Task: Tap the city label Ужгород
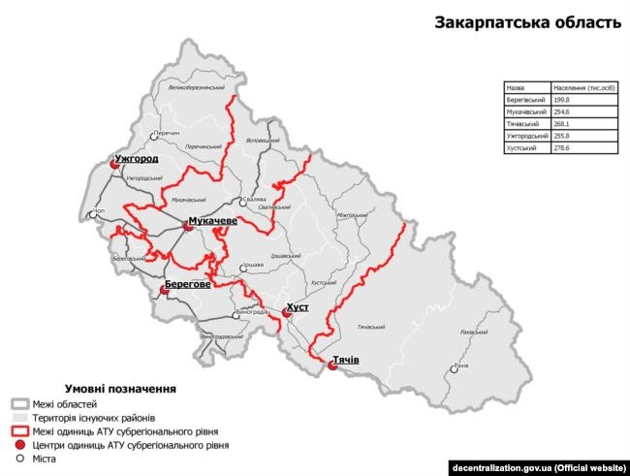coord(136,158)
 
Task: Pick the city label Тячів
coord(346,361)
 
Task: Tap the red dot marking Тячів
coord(331,366)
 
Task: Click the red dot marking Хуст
coord(286,312)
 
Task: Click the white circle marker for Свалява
coord(243,203)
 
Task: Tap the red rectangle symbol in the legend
coord(18,430)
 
